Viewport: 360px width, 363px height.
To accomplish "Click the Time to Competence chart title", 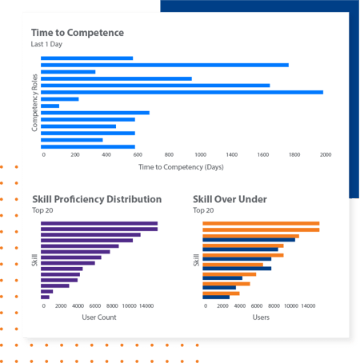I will tap(77, 33).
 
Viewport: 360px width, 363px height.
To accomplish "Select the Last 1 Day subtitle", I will tap(48, 45).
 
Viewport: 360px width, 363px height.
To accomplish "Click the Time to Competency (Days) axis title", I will tap(180, 167).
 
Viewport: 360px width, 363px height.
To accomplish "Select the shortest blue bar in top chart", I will tap(50, 106).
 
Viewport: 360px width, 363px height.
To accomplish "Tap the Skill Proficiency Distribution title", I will tap(96, 199).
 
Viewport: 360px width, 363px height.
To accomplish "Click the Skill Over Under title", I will tap(230, 199).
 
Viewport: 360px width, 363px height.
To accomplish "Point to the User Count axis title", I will tap(100, 317).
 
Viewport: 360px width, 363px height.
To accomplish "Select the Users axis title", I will tap(262, 317).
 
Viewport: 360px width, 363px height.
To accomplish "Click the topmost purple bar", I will tap(99, 223).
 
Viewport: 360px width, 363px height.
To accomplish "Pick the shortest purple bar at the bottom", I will tap(45, 297).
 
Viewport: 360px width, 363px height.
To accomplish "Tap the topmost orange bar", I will tap(261, 223).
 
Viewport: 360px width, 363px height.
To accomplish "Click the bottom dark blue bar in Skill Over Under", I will tap(216, 297).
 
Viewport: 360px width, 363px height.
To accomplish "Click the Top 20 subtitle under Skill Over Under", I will tap(204, 210).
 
